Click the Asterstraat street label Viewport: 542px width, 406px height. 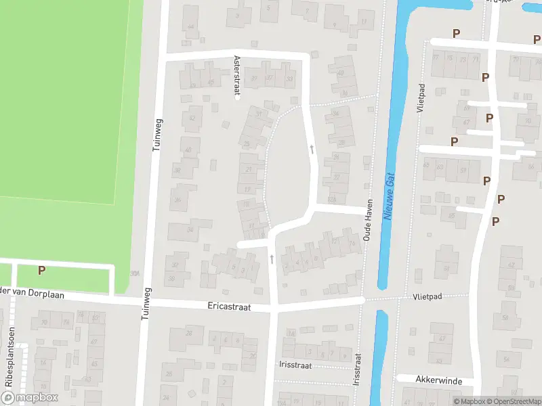tap(237, 76)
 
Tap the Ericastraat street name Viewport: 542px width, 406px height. tap(229, 307)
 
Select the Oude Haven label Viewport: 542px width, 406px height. tap(369, 224)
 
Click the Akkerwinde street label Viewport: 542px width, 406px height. tap(439, 381)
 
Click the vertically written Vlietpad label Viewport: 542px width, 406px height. tap(421, 98)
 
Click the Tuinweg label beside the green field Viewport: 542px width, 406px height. tap(158, 133)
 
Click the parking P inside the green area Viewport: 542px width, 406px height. tap(41, 270)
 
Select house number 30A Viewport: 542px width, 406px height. tap(134, 273)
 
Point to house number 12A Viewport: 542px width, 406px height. tap(331, 200)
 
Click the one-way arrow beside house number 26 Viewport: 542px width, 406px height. tap(312, 148)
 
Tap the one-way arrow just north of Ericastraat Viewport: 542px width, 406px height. tap(272, 258)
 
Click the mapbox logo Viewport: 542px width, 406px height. tap(29, 398)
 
